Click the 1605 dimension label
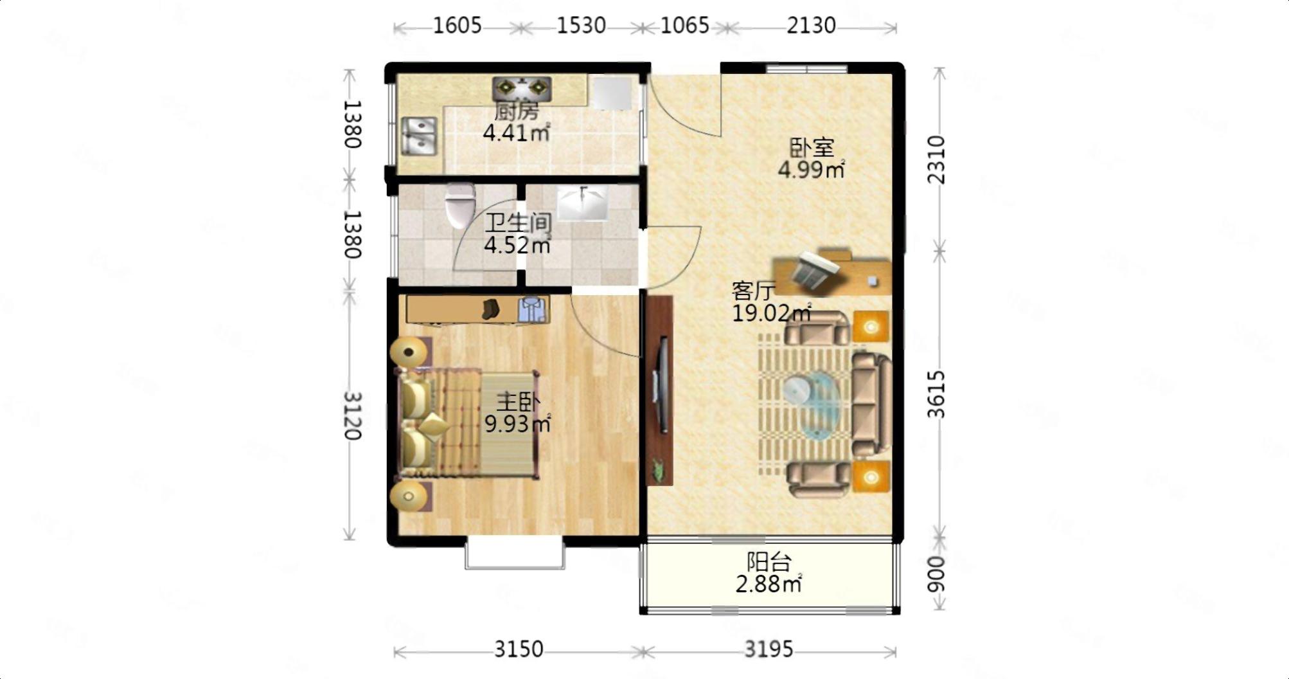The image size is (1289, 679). point(457,26)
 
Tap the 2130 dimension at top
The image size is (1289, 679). point(811,26)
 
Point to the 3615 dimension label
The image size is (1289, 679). point(937,394)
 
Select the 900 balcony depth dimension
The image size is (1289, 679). point(937,574)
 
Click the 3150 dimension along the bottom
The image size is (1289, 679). point(519,649)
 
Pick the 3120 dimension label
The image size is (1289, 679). point(353,415)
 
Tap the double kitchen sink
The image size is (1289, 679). point(419,136)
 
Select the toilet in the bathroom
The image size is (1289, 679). point(460,205)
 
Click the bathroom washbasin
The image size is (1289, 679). point(583,203)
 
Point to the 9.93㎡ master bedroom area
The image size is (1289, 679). point(518,424)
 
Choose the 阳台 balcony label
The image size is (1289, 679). point(769,562)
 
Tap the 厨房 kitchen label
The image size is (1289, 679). point(516,111)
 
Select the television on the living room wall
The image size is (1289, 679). point(661,385)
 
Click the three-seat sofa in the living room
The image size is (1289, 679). point(871,404)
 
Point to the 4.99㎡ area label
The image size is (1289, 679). point(811,170)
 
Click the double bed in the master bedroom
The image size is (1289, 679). point(467,424)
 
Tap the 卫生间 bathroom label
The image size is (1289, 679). point(518,223)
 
